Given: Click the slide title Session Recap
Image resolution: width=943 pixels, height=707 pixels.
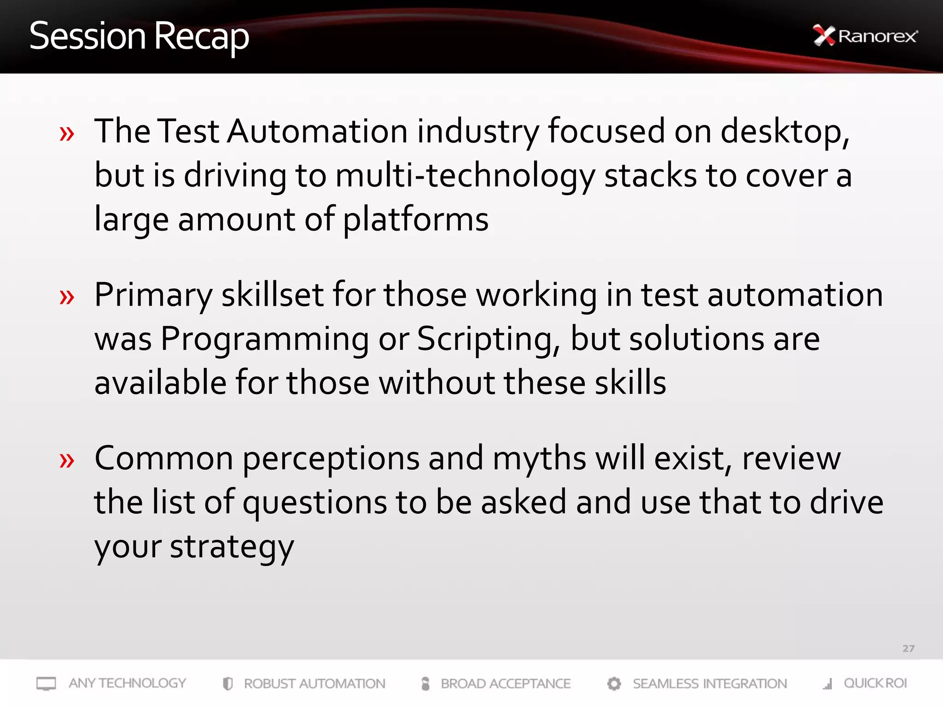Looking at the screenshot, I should click(139, 36).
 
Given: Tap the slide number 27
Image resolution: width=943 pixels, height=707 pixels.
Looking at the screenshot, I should click(908, 649).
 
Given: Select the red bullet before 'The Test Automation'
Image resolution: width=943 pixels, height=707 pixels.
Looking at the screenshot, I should click(67, 134).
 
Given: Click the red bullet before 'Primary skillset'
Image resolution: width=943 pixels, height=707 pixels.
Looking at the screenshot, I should click(67, 297).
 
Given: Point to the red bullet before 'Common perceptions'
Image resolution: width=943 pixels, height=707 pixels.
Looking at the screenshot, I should click(67, 460).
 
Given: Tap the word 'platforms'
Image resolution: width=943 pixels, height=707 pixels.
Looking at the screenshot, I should click(415, 220).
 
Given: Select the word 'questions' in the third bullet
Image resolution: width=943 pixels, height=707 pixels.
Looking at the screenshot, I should click(314, 503).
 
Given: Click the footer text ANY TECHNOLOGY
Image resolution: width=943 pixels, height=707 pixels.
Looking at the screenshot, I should click(128, 683).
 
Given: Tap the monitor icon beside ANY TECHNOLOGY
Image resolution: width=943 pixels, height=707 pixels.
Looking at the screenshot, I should click(46, 684).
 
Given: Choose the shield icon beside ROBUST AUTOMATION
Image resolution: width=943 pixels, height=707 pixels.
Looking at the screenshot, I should click(227, 684).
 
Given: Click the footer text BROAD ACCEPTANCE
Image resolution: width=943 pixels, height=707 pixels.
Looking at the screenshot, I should click(506, 684).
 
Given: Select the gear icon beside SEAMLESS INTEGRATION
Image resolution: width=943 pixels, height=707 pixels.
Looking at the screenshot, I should click(614, 684).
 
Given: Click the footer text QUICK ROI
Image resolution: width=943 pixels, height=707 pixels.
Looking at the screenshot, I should click(875, 683).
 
